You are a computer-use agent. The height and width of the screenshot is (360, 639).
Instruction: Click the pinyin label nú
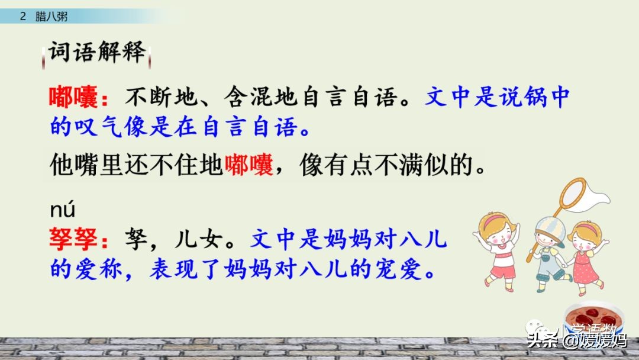62,210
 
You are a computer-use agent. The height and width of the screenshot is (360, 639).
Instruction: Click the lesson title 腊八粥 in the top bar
51,17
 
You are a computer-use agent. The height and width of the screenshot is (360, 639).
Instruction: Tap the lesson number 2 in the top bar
23,17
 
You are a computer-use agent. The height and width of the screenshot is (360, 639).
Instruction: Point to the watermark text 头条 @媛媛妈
577,340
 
